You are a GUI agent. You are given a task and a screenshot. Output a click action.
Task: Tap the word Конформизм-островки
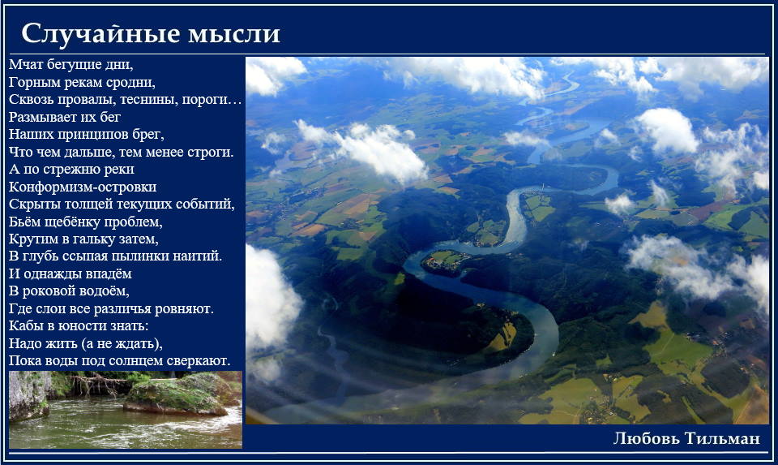[83, 187]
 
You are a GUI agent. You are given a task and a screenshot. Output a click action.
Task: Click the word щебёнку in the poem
[72, 222]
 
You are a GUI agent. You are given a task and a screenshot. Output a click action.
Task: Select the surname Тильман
[722, 438]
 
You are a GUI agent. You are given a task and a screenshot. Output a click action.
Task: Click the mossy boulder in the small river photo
[176, 397]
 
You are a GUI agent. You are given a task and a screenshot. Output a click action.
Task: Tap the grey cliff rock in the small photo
[28, 396]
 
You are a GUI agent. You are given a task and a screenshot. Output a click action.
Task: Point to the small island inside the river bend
[446, 262]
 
